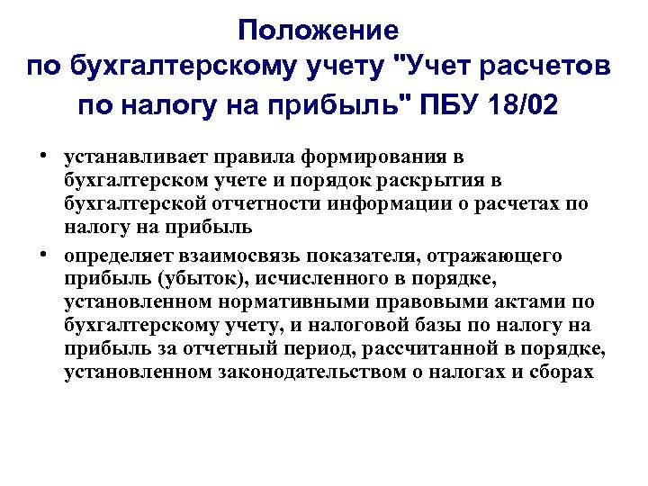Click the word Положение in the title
click(x=319, y=31)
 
